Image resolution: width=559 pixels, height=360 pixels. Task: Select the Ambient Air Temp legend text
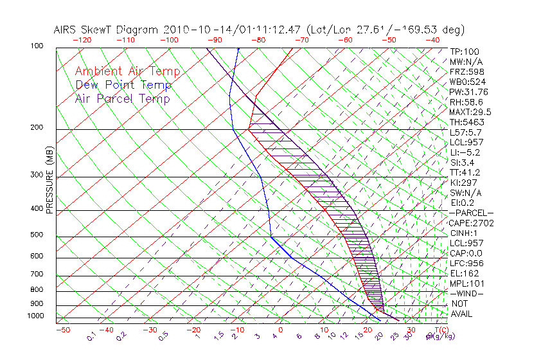tap(127, 71)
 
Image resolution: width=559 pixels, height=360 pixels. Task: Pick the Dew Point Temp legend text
tap(123, 85)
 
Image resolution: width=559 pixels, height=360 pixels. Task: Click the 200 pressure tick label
tap(36, 128)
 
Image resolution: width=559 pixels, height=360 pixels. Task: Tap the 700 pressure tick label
tap(36, 275)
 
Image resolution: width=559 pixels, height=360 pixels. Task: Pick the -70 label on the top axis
tap(300, 39)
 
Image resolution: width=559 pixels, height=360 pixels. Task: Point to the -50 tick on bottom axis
tap(62, 330)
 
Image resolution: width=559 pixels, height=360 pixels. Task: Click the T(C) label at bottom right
tap(439, 330)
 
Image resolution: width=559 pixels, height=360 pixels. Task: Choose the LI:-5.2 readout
tap(465, 152)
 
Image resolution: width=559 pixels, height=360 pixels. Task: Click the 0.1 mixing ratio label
tap(91, 336)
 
